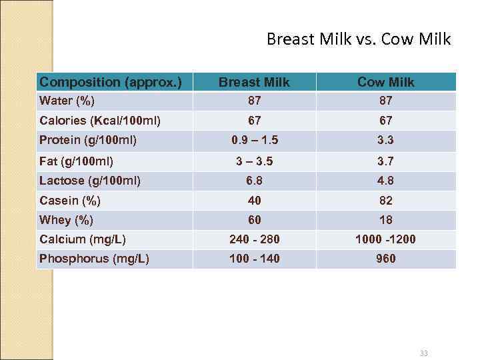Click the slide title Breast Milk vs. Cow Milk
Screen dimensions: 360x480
359,39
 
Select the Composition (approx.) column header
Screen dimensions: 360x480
111,82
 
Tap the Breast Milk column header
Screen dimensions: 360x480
254,82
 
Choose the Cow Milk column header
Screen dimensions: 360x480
385,82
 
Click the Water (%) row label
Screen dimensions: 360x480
67,101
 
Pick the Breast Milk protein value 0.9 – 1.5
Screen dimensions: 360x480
254,140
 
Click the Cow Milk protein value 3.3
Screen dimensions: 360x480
385,140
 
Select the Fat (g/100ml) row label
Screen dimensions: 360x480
76,161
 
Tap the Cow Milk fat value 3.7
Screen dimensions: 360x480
385,161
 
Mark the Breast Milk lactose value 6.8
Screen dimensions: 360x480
254,181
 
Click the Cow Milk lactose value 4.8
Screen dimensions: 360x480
385,181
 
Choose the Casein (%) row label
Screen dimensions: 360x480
70,201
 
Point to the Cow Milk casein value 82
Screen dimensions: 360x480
385,201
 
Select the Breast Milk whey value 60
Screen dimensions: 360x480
254,220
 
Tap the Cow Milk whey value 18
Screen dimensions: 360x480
385,220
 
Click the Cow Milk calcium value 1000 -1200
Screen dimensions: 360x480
385,239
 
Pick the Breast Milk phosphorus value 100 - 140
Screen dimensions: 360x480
254,259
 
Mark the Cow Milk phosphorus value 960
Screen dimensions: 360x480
385,259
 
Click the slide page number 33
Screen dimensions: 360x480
424,353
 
